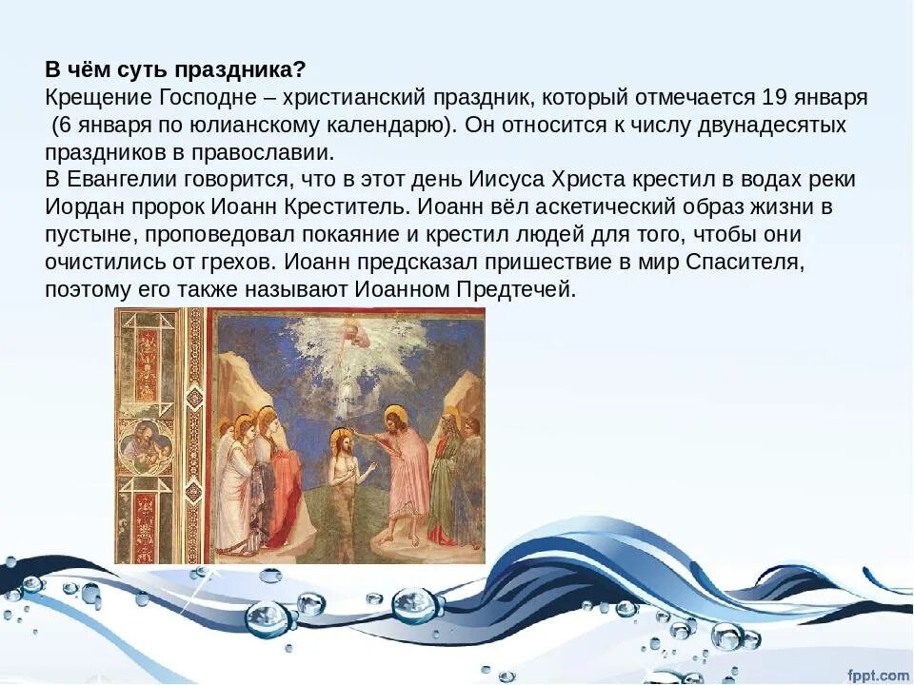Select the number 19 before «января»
[x=772, y=98]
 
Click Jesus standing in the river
[x=345, y=480]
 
